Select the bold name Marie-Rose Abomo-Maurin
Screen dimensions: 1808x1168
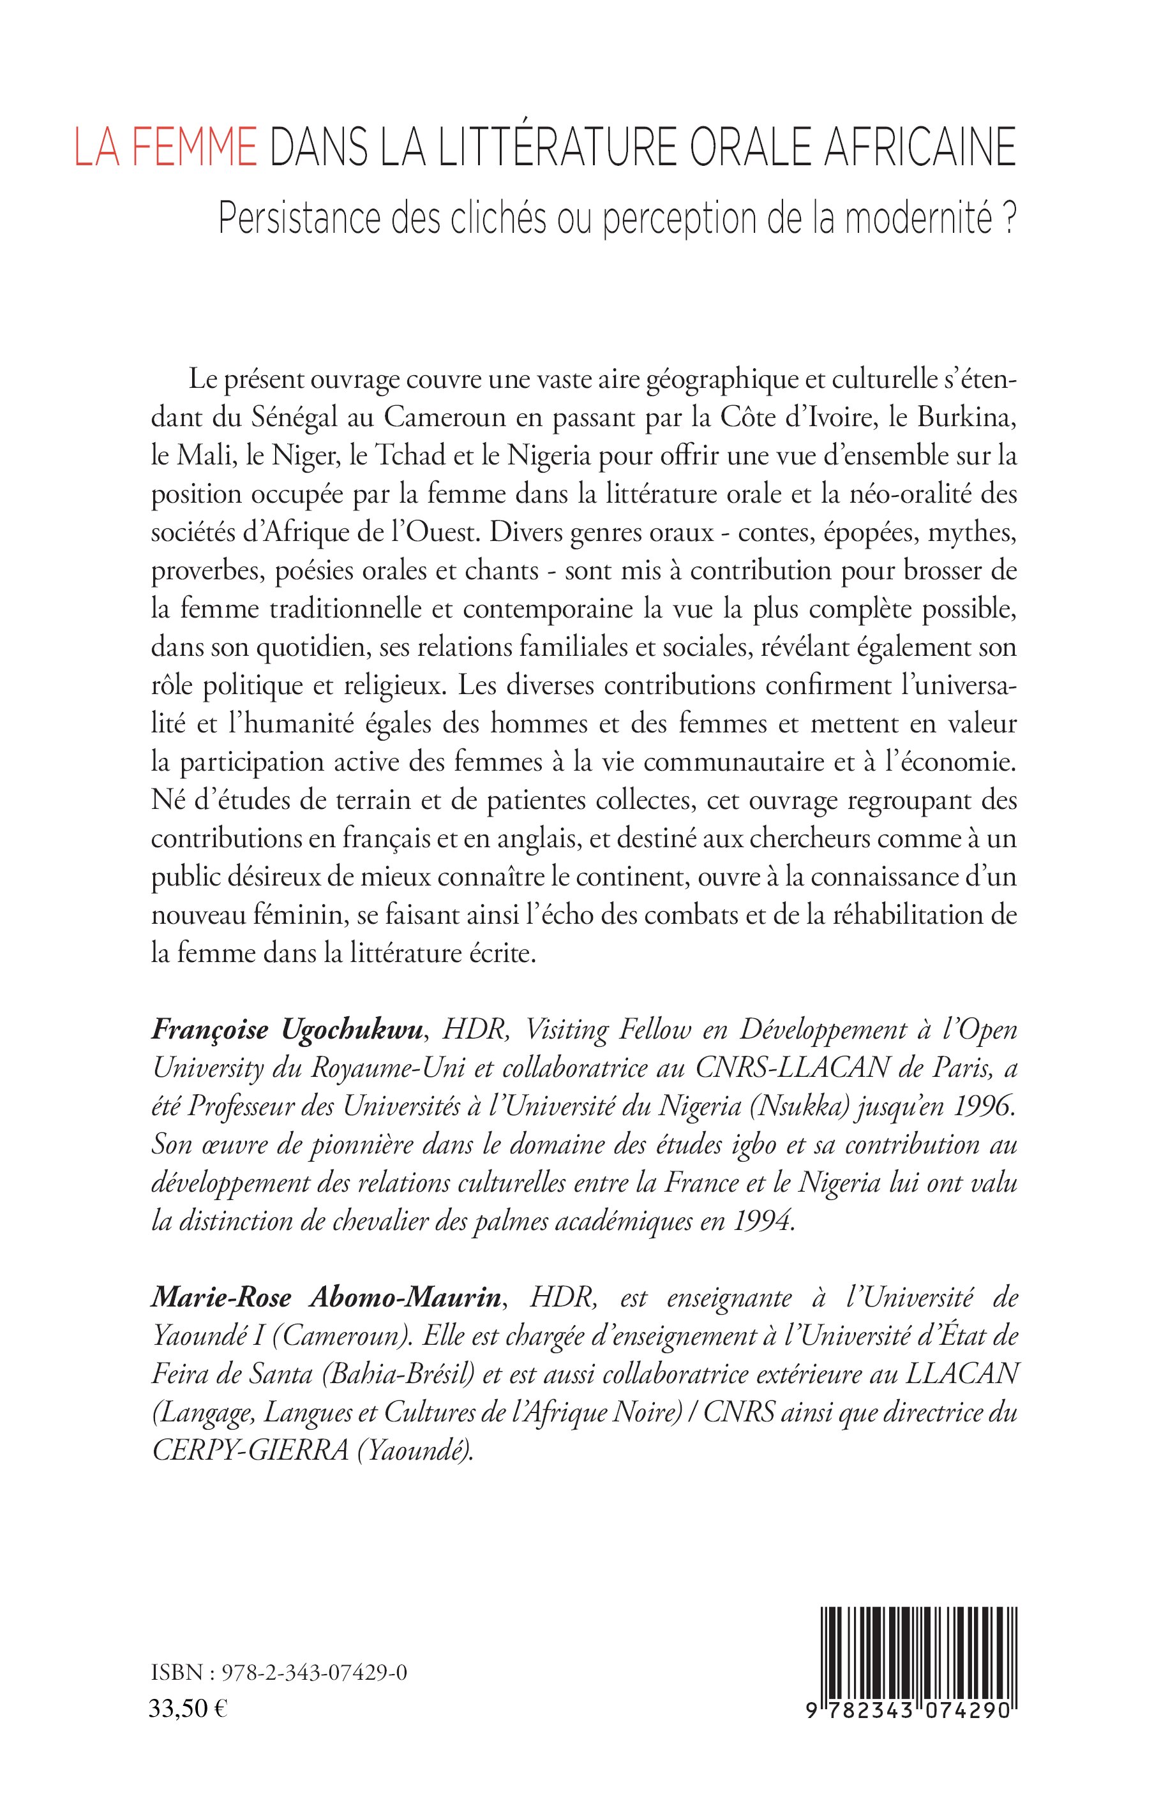coord(326,1298)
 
